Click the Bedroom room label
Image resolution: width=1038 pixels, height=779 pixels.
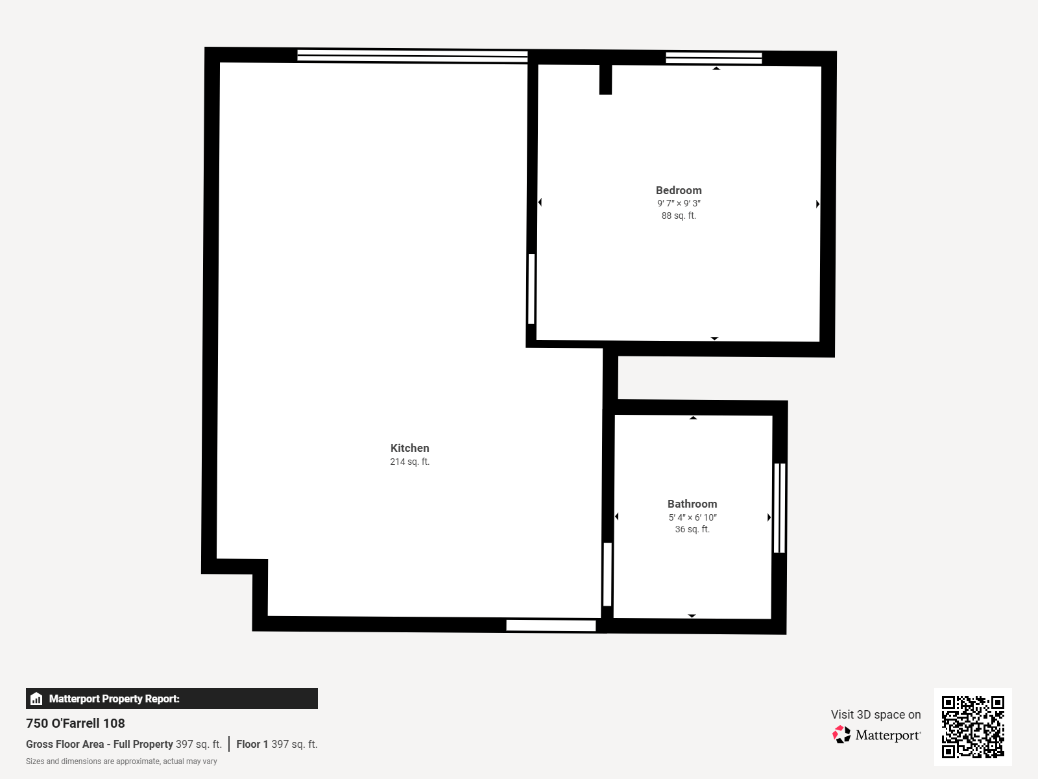coord(678,190)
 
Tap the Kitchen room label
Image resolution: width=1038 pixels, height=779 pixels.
coord(409,448)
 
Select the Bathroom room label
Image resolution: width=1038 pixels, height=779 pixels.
coord(692,504)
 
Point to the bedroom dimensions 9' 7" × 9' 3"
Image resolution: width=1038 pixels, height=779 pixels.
coord(678,203)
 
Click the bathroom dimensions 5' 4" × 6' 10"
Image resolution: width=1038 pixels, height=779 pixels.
coord(692,517)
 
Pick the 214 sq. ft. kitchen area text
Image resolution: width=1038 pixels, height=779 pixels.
coord(409,462)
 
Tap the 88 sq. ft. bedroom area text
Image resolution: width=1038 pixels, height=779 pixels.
coord(678,216)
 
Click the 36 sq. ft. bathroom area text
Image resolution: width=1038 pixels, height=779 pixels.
coord(692,529)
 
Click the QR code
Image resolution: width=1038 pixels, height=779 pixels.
coord(972,726)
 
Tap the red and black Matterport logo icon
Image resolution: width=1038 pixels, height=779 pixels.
coord(841,735)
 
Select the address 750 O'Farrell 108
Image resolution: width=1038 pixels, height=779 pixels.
coord(75,723)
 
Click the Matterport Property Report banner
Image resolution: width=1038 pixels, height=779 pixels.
coord(172,699)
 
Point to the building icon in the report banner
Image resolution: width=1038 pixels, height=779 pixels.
coord(36,699)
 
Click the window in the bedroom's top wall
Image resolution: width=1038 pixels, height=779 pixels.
coord(714,58)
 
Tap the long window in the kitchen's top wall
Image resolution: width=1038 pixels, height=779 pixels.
coord(412,56)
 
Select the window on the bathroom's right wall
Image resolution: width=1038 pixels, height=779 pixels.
coord(779,508)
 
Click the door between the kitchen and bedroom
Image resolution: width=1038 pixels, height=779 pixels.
coord(531,289)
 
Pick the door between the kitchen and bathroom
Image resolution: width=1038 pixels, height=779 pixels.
coord(607,575)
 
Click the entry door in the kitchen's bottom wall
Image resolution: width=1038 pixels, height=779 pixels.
coord(550,625)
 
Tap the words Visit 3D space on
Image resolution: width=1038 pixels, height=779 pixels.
coord(876,715)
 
